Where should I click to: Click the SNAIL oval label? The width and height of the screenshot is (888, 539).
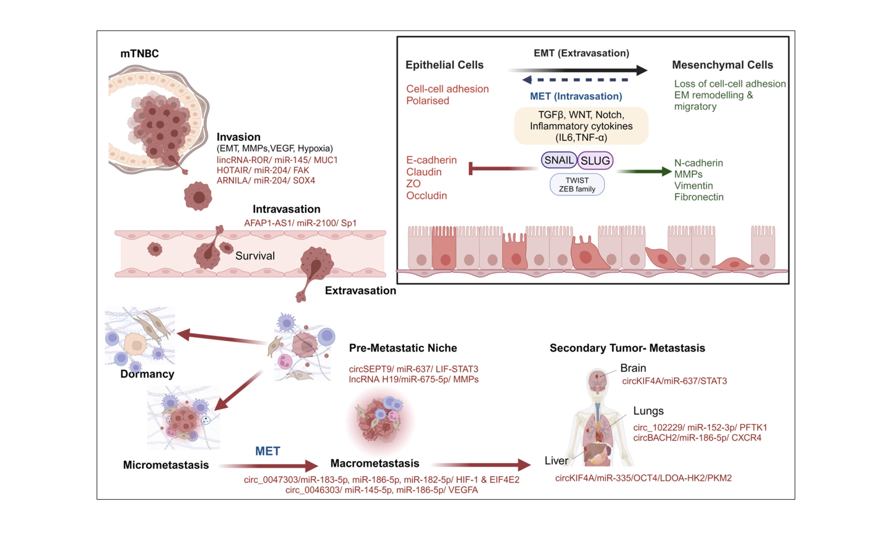pos(559,160)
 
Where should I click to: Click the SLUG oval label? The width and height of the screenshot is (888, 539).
pos(595,160)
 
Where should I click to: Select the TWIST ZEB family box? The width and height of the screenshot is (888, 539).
pos(577,185)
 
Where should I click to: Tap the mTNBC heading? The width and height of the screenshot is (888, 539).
pos(140,53)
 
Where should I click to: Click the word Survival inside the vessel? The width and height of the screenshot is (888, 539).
pos(255,256)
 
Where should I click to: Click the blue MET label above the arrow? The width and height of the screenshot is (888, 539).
pos(268,451)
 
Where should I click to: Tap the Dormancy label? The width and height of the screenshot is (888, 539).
pos(147,374)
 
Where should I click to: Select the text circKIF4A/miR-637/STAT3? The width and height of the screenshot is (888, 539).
pos(674,381)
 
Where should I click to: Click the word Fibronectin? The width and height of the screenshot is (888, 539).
pos(698,197)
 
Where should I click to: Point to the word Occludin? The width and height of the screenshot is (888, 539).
pos(426,196)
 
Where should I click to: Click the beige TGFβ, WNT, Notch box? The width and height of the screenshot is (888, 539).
pos(581,126)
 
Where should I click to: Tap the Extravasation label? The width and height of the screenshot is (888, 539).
pos(360,290)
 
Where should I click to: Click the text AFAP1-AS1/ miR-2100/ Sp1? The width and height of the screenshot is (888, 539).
pos(300,223)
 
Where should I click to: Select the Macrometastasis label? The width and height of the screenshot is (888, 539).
pos(375,463)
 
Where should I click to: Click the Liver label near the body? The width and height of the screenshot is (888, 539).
pos(556,461)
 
